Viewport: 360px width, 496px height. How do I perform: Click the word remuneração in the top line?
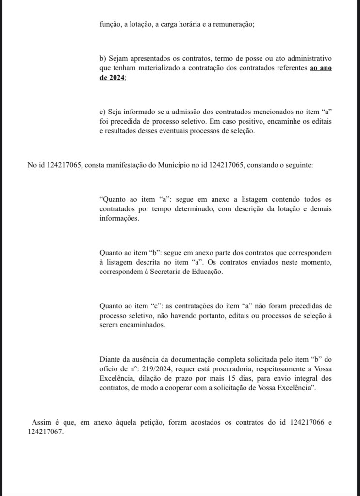tap(232, 25)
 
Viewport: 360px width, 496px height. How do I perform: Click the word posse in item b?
tap(239, 59)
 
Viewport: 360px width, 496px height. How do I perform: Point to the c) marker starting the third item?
tap(102, 112)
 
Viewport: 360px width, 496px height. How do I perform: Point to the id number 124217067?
tap(46, 432)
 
